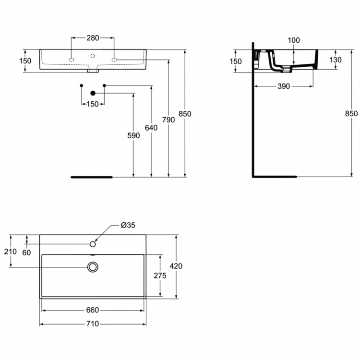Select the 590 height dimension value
pyautogui.click(x=134, y=136)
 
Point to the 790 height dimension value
pyautogui.click(x=168, y=120)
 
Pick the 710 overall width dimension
pyautogui.click(x=93, y=324)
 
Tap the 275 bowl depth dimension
pyautogui.click(x=159, y=275)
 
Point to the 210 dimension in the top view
pyautogui.click(x=11, y=252)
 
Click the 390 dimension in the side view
pyautogui.click(x=284, y=86)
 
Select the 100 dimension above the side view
pyautogui.click(x=294, y=41)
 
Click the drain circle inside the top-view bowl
pyautogui.click(x=93, y=266)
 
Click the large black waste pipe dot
pyautogui.click(x=93, y=93)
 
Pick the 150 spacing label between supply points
pyautogui.click(x=93, y=104)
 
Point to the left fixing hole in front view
pyautogui.click(x=72, y=60)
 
